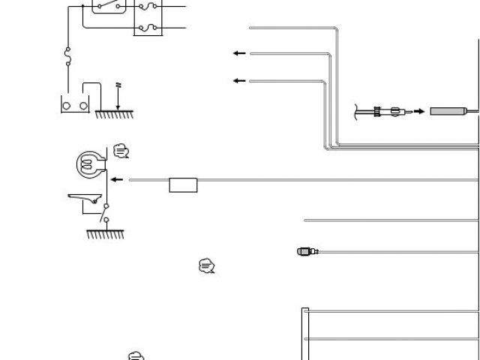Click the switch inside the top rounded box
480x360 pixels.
(x=109, y=6)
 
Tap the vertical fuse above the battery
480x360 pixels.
(x=69, y=55)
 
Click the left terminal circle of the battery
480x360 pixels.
(x=67, y=105)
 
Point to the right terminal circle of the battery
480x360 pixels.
(x=83, y=105)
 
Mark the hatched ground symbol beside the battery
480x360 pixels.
(x=115, y=114)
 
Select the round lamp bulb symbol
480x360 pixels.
(x=89, y=163)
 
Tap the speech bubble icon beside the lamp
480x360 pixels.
(x=121, y=151)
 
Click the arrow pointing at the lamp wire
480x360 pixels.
(x=116, y=180)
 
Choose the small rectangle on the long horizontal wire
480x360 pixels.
(x=183, y=185)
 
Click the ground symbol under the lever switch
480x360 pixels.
(x=105, y=234)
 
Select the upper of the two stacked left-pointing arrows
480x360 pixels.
(x=239, y=53)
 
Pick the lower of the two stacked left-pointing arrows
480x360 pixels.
(x=239, y=81)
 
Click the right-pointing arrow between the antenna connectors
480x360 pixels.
(x=418, y=112)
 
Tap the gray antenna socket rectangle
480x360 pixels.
(x=447, y=112)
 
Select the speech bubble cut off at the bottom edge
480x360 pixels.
(x=135, y=355)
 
